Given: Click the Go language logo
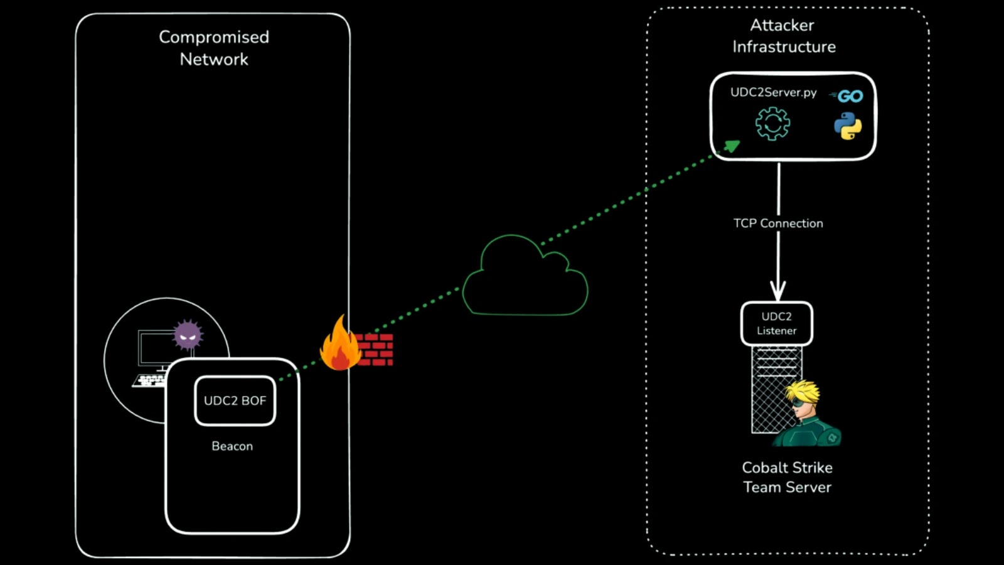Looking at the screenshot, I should (848, 96).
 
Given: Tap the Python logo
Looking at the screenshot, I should (848, 126).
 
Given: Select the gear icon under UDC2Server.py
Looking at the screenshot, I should (772, 124).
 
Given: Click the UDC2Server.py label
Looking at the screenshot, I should (773, 92).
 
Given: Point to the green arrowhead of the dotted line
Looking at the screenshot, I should (732, 146).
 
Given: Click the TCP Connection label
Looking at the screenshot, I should (778, 223).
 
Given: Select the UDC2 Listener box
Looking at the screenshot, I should (776, 323).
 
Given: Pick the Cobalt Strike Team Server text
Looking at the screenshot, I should (787, 477).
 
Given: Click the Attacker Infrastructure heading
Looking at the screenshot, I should (783, 36).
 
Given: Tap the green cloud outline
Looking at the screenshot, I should (525, 279).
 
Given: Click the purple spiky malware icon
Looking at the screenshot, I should (188, 335).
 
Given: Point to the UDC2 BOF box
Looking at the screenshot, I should (235, 401).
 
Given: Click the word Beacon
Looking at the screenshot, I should (232, 446).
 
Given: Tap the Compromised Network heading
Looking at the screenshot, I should (214, 48).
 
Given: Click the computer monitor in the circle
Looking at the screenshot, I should (154, 348).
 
